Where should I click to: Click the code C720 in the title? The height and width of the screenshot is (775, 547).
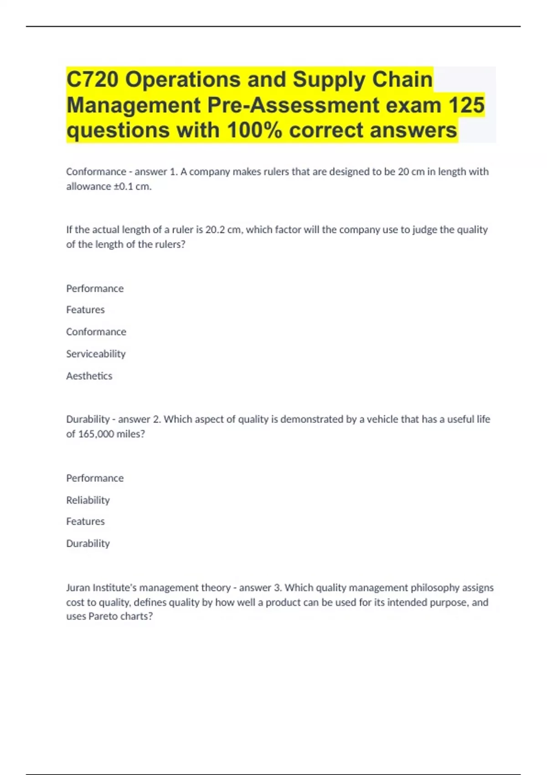[x=93, y=80]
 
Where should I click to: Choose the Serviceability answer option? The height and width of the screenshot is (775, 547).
[x=96, y=354]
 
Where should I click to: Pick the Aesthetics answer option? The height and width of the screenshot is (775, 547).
[x=89, y=376]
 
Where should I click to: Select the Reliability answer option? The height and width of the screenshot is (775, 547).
[x=88, y=500]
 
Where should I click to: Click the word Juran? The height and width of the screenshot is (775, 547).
[x=78, y=588]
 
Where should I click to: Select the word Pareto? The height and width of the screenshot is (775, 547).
[x=103, y=616]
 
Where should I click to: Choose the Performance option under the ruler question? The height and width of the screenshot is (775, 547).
[x=95, y=289]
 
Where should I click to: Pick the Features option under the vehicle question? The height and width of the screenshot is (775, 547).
[x=85, y=521]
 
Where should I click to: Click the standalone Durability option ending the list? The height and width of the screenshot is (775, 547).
[x=88, y=543]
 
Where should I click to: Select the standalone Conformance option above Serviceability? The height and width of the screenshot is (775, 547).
[x=96, y=332]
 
